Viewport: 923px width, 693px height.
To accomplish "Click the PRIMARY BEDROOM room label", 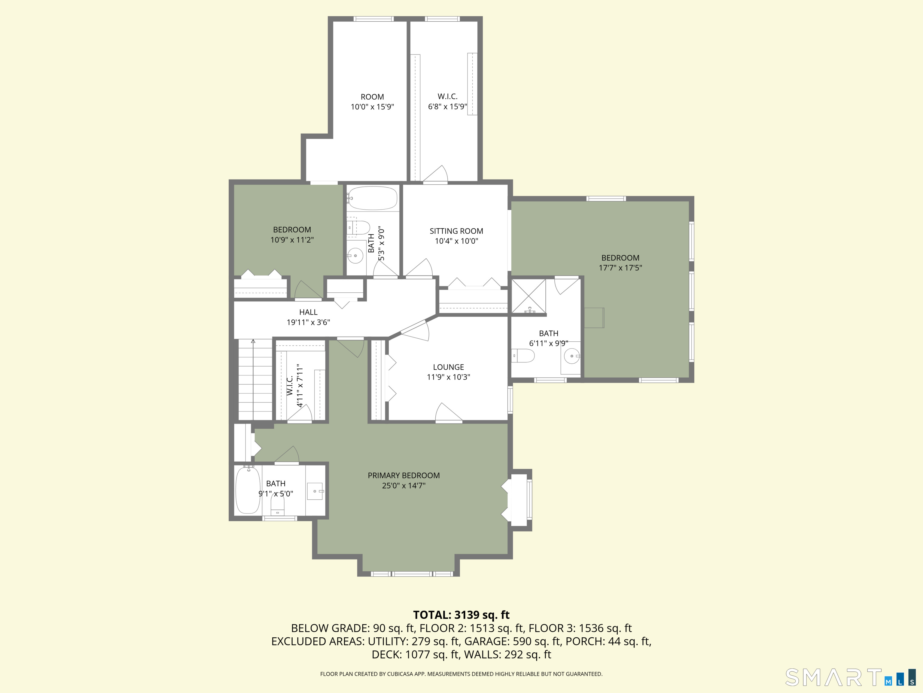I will (404, 475).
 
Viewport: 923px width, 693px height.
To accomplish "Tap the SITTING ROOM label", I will (456, 231).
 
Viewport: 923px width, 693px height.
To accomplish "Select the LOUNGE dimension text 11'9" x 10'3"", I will (448, 377).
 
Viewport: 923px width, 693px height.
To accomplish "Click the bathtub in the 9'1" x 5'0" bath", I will (248, 490).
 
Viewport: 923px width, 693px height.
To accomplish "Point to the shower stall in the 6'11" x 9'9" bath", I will (529, 296).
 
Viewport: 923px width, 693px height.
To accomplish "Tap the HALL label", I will (308, 312).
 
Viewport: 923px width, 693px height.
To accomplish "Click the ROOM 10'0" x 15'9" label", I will (372, 97).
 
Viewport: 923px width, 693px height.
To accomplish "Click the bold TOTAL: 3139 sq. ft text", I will (461, 615).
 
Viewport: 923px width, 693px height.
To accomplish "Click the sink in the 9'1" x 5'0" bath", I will (315, 491).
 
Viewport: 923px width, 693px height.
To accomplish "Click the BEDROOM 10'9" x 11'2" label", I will (292, 230).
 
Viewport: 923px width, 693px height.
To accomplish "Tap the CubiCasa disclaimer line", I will (461, 674).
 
